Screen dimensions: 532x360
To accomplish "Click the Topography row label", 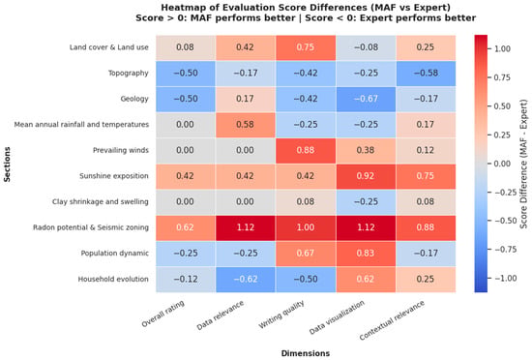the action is pyautogui.click(x=129, y=73).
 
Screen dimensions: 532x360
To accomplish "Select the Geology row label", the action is pyautogui.click(x=134, y=99).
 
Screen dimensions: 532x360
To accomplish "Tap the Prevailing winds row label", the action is pyautogui.click(x=121, y=150).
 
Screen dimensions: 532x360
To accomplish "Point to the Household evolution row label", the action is pyautogui.click(x=113, y=279).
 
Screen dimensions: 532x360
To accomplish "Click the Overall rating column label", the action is pyautogui.click(x=163, y=314).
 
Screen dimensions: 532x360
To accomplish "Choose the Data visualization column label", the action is pyautogui.click(x=337, y=316).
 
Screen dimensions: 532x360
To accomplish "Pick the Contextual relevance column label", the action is pyautogui.click(x=392, y=320).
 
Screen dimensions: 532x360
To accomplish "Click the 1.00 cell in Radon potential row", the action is pyautogui.click(x=306, y=227).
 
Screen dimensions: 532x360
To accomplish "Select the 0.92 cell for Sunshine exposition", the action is pyautogui.click(x=366, y=176).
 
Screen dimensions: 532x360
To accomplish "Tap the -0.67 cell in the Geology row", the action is pyautogui.click(x=366, y=99).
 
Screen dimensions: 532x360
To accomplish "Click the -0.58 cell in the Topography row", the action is pyautogui.click(x=426, y=73).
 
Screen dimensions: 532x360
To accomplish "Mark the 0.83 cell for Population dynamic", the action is pyautogui.click(x=366, y=254).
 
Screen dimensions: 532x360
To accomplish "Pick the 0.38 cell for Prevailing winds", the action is pyautogui.click(x=366, y=150).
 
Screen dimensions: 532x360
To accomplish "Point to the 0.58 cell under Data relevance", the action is pyautogui.click(x=245, y=125).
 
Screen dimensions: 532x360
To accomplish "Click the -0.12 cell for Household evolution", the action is pyautogui.click(x=186, y=279).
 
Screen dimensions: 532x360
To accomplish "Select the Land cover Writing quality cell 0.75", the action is pyautogui.click(x=306, y=47).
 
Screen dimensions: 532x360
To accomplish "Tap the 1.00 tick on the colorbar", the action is pyautogui.click(x=502, y=48).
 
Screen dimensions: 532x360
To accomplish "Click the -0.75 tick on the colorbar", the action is pyautogui.click(x=505, y=250).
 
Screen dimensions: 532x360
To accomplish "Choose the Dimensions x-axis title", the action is pyautogui.click(x=306, y=353).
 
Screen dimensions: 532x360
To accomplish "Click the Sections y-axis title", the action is pyautogui.click(x=7, y=164).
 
